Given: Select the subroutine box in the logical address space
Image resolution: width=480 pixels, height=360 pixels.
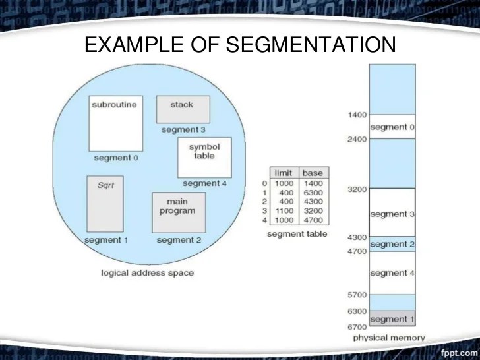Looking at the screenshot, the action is pos(115,123).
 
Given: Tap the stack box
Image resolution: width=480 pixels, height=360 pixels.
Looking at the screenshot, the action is pos(183,109).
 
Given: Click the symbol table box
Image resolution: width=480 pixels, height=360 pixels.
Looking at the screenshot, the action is pos(204,157).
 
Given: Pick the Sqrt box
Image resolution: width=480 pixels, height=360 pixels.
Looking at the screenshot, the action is pos(106,203).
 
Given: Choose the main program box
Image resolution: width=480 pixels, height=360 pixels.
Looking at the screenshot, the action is pos(177,212).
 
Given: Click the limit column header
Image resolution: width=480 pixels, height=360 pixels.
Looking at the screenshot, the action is pos(283,173).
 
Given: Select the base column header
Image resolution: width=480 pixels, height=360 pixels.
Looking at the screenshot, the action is pos(313,173).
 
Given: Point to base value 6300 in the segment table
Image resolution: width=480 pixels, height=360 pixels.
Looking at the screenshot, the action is pos(313,192).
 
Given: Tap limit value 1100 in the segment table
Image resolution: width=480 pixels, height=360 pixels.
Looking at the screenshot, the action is pos(284,210).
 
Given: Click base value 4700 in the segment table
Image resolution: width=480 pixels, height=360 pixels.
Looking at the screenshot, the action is pos(313,220).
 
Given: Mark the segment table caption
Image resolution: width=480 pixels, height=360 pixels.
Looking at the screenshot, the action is pos(297,234).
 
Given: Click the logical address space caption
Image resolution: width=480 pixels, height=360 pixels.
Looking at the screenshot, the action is pos(148,273).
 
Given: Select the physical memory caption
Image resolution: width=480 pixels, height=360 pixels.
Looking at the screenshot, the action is pos(389,338).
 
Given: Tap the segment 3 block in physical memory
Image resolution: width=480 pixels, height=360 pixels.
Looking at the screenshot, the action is pos(392,212).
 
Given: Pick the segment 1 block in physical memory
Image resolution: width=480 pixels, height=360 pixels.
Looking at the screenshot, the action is pos(392,319).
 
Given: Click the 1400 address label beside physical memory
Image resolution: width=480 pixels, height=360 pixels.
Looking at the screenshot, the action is pos(356,115).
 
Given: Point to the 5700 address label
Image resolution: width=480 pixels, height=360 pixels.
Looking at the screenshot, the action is pos(356,295).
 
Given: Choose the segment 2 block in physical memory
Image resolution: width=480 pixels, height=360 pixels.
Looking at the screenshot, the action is pos(392,244).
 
